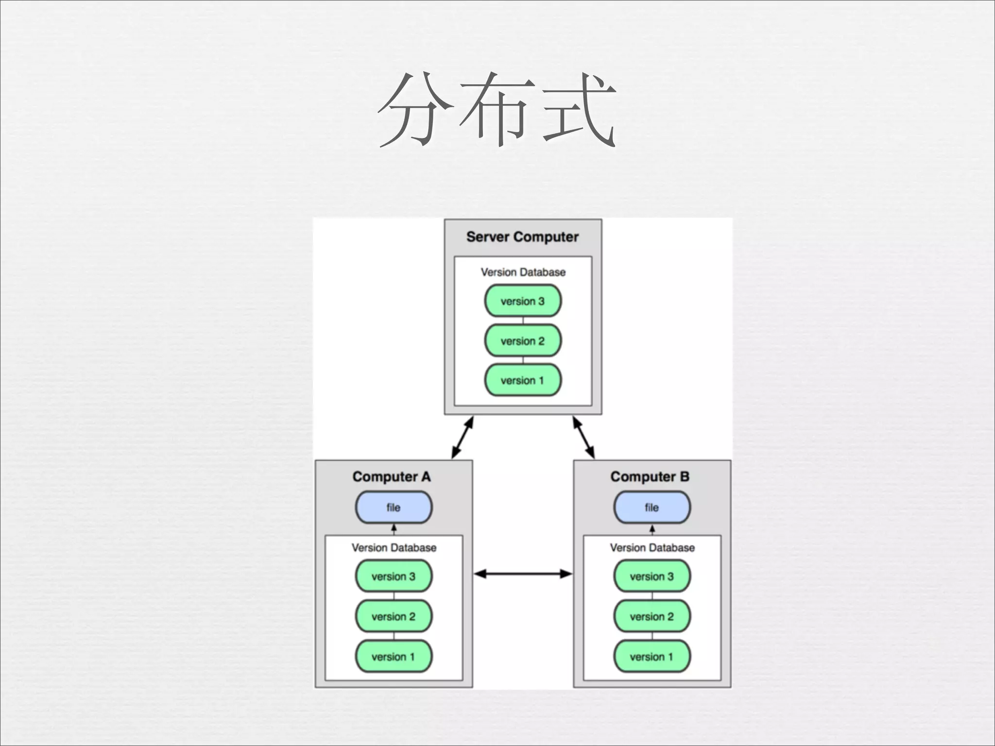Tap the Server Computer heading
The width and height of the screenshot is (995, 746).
point(522,237)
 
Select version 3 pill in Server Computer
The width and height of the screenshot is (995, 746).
point(523,301)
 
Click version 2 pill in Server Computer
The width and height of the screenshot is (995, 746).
point(523,341)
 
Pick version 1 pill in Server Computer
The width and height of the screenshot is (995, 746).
point(523,380)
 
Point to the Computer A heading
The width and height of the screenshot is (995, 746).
point(392,477)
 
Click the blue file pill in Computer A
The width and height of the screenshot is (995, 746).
point(394,508)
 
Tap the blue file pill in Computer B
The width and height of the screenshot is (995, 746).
point(652,508)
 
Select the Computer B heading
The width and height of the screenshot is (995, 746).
point(650,477)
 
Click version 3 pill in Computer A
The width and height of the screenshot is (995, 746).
point(394,576)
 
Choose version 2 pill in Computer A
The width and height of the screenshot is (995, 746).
point(394,616)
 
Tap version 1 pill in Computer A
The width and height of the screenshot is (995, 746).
point(394,657)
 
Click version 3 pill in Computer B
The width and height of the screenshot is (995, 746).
point(652,576)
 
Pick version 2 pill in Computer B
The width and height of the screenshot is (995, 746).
point(652,616)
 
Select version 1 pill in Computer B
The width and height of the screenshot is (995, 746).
point(652,657)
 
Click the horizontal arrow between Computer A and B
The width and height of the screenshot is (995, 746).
point(523,574)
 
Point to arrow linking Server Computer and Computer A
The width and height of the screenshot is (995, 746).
point(462,438)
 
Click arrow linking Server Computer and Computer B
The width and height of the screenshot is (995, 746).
point(583,438)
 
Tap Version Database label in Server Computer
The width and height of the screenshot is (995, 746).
point(523,272)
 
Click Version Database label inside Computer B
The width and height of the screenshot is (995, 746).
point(652,548)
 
